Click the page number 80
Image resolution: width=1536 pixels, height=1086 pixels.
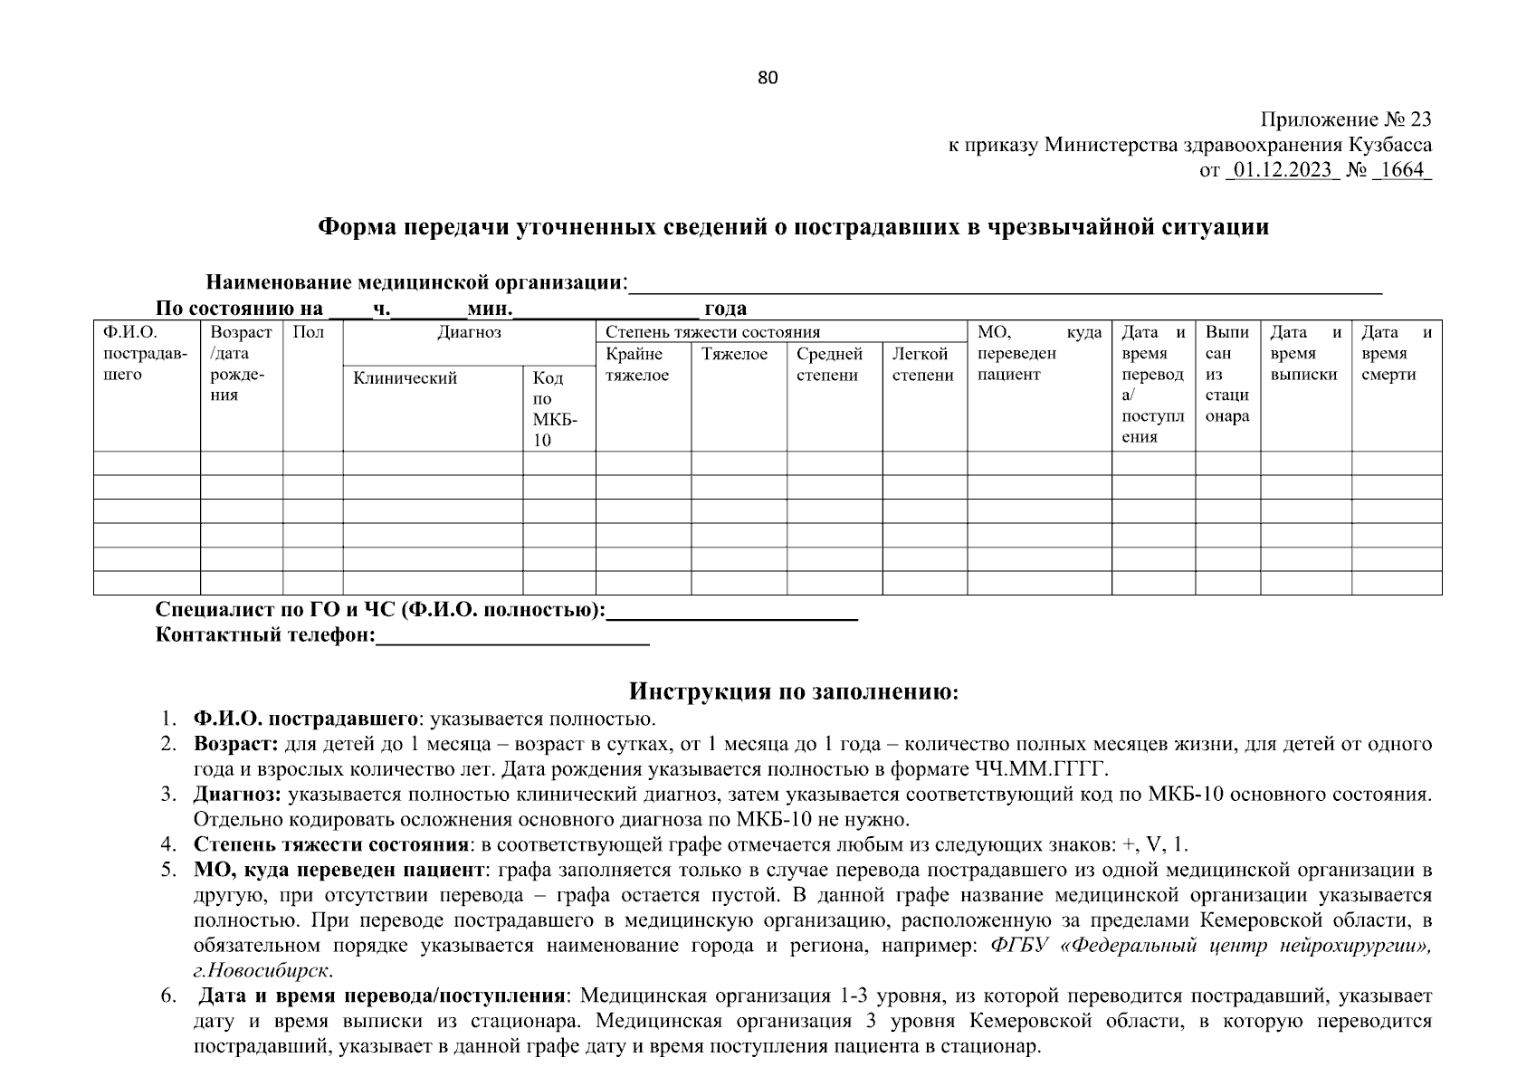(768, 78)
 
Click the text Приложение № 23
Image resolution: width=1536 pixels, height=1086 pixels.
(1346, 119)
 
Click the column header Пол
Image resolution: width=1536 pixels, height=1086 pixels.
(309, 333)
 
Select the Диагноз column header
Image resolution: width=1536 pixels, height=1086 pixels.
(469, 333)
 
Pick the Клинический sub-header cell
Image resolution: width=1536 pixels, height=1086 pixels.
(405, 378)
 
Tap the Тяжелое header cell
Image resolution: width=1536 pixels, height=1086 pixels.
(734, 355)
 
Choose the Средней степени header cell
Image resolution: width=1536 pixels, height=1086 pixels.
(829, 365)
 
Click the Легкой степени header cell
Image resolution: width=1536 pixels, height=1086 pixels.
(922, 365)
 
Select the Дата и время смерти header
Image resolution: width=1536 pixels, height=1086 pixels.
(1396, 354)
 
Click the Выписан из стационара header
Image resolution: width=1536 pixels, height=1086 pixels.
(1226, 375)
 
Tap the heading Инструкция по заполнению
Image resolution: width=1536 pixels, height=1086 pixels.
(793, 692)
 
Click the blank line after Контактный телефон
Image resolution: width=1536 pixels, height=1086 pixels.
(512, 637)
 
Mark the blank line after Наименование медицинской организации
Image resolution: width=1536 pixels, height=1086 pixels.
(1005, 285)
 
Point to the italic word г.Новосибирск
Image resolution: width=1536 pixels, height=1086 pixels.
(262, 971)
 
